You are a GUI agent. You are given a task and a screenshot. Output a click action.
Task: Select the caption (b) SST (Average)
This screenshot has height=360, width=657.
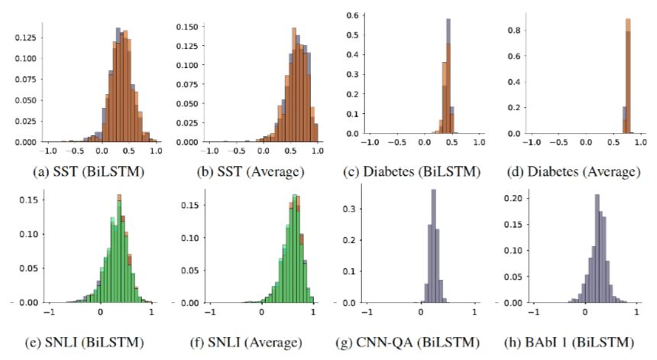click(x=252, y=172)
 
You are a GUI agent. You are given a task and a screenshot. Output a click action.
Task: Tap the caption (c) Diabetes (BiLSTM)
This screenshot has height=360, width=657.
click(x=422, y=172)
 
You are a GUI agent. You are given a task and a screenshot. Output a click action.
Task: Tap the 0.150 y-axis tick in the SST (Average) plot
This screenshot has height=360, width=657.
click(x=188, y=27)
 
